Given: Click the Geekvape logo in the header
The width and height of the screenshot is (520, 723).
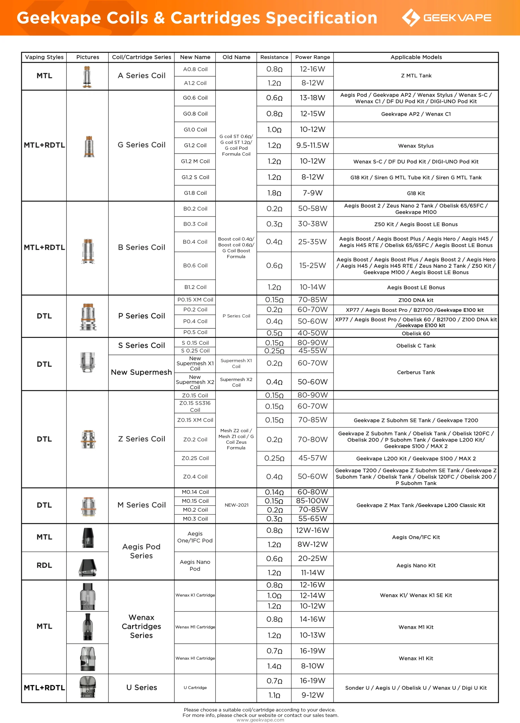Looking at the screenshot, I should (446, 18).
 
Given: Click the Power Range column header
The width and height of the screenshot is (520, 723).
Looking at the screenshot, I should (312, 57).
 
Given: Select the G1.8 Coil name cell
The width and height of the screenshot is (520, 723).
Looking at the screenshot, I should (195, 193).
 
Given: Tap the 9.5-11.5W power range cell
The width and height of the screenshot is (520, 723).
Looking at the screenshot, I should (312, 145).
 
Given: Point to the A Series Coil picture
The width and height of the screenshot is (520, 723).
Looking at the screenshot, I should (87, 77).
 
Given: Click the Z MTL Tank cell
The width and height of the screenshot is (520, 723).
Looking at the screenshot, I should (416, 76).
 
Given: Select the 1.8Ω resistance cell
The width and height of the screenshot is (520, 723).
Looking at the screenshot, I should (274, 193).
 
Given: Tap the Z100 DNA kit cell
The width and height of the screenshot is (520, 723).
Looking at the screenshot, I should (416, 300).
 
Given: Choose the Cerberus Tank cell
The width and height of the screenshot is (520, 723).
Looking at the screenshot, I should (416, 372).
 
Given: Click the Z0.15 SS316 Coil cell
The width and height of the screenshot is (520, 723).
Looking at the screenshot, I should (195, 406).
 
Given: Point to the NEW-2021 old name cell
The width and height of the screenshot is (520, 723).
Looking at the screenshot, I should (236, 505).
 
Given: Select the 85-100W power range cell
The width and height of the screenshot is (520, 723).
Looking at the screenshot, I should (312, 501).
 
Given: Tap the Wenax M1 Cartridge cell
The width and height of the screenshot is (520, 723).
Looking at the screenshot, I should (195, 627).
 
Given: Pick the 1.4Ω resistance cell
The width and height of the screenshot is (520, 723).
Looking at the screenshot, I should (274, 666).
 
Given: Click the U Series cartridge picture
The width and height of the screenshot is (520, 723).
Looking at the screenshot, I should (87, 688).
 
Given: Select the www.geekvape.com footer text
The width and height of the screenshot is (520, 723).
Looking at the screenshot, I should (260, 720).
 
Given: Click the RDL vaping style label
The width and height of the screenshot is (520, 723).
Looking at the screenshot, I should (44, 565).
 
